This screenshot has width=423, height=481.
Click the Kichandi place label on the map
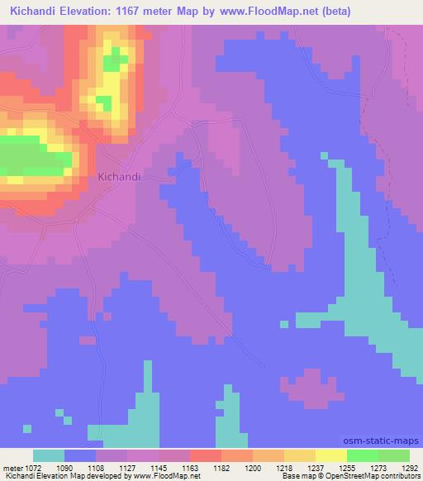[120, 177]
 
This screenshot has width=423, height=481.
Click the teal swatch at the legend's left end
[49, 455]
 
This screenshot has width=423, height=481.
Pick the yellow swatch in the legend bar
[331, 455]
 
